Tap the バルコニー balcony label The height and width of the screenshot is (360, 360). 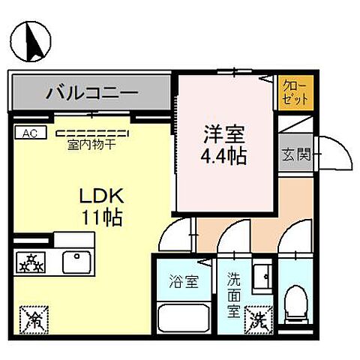(91, 94)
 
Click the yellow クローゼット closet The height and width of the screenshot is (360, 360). (289, 92)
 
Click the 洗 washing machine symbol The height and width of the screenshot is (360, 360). (260, 320)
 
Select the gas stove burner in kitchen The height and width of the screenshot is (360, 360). (31, 262)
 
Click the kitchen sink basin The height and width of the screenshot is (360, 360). (76, 262)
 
